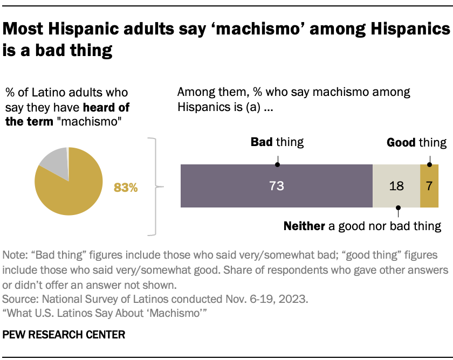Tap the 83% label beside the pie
(126, 188)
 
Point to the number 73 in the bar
(277, 186)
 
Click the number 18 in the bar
(396, 186)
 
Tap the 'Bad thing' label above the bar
(277, 142)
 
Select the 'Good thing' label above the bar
(416, 142)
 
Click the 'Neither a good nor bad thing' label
(362, 226)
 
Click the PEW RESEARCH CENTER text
(64, 335)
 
